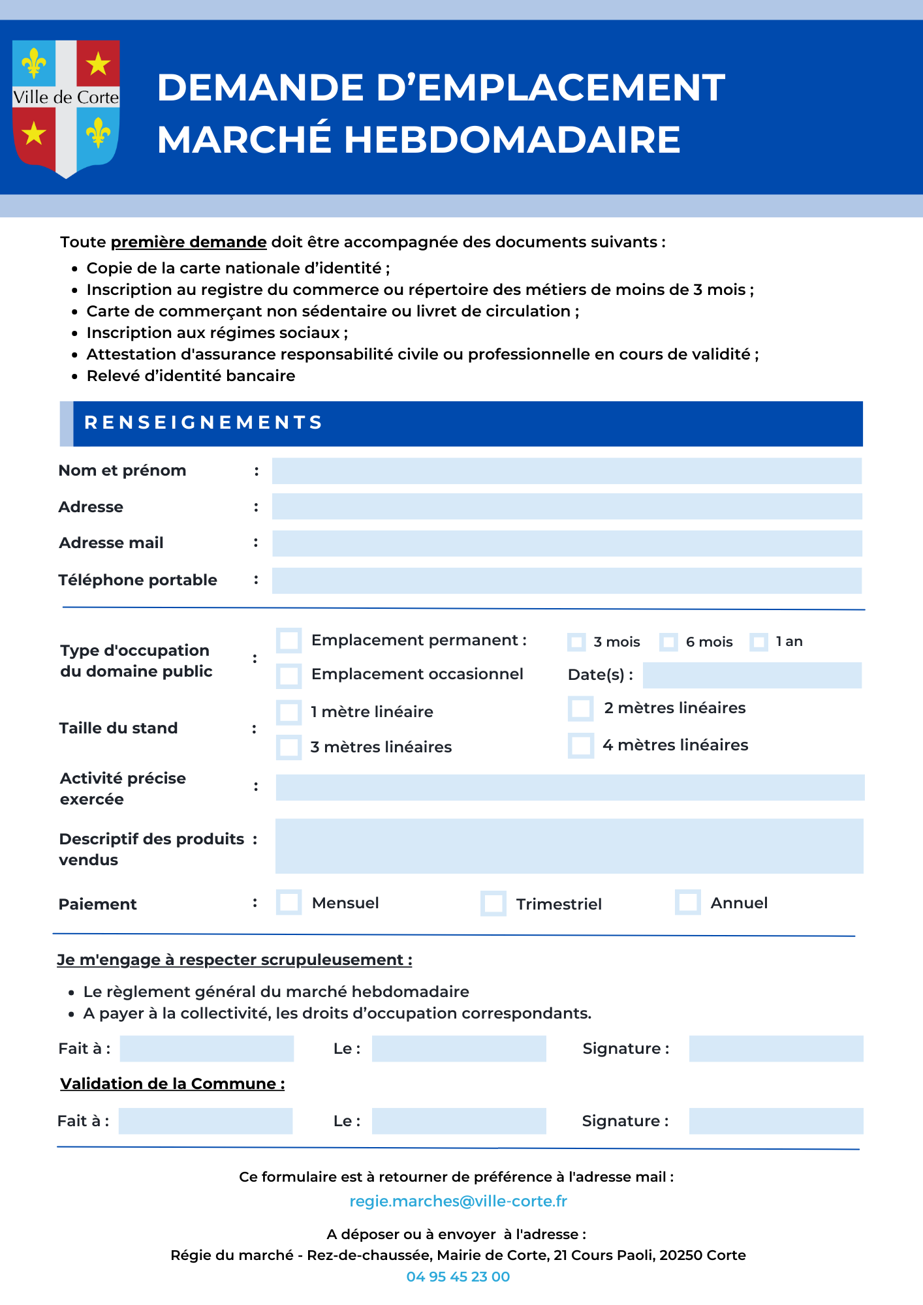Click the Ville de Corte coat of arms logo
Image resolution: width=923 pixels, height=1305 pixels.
pos(66,108)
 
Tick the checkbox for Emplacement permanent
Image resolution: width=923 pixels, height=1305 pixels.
pos(289,641)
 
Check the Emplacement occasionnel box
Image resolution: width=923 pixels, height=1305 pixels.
pos(289,676)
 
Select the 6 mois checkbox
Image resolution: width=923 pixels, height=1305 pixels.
pos(668,642)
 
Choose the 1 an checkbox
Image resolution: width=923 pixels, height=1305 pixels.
pos(759,642)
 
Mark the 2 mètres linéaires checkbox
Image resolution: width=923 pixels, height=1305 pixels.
pos(580,709)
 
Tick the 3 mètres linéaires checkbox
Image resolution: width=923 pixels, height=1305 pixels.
pos(289,747)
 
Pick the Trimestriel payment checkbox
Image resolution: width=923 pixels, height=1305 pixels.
pos(493,904)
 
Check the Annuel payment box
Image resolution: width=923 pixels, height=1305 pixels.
pos(687,902)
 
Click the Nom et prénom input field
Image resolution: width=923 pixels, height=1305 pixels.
pos(567,471)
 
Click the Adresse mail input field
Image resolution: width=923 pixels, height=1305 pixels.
pos(567,544)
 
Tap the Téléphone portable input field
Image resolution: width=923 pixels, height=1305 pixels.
pos(567,581)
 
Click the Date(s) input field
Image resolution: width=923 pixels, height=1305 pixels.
pos(752,675)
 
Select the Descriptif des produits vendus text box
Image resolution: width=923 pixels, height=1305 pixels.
pos(569,846)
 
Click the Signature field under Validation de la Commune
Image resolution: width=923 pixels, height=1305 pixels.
pos(776,1121)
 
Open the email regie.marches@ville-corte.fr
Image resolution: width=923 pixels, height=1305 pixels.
pos(458,1201)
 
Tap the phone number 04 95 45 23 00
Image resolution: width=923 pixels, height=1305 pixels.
pos(458,1277)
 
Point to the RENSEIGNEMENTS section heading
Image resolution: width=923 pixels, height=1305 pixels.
pos(204,423)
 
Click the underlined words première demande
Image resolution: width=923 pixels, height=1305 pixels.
pos(189,242)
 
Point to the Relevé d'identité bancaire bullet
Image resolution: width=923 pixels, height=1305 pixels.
pos(191,376)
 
